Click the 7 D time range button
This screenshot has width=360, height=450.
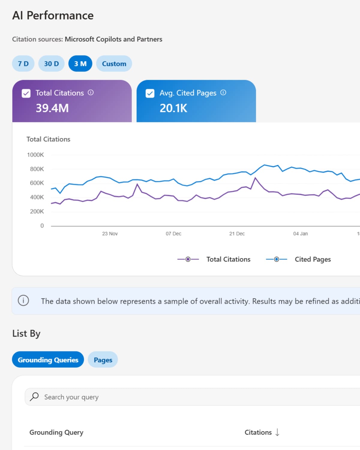23,64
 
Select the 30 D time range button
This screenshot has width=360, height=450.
51,64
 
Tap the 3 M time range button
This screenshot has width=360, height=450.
80,64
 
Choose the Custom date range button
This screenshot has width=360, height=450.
114,64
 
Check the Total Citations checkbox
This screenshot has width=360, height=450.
26,93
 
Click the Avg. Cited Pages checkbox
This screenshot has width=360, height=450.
150,93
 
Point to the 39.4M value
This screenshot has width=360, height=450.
52,108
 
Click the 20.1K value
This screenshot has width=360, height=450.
173,108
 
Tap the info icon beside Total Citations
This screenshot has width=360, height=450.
91,93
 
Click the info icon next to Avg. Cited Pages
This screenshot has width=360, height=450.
223,93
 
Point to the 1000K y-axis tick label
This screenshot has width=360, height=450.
35,155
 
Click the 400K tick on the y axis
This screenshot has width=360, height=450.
37,197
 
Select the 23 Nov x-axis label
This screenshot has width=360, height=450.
110,234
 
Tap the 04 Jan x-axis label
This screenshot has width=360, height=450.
300,234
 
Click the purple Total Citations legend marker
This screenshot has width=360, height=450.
188,259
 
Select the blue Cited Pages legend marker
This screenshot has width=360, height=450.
277,259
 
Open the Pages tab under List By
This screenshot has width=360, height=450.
103,360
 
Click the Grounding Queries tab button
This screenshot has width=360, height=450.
48,360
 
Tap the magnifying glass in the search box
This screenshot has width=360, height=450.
34,397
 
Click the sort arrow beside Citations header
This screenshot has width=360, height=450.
277,432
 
